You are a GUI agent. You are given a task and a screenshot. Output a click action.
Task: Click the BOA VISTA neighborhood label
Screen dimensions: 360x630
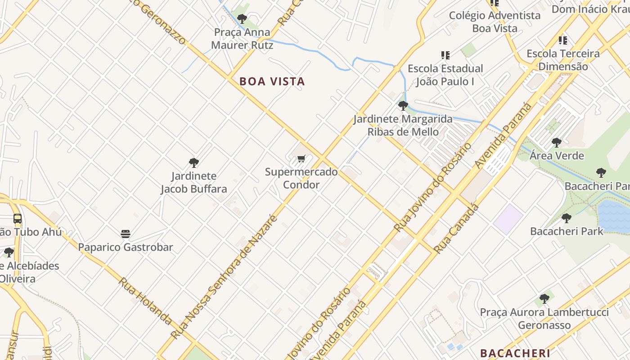click(x=272, y=81)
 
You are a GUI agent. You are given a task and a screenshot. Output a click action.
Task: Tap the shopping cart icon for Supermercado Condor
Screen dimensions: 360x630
click(x=301, y=158)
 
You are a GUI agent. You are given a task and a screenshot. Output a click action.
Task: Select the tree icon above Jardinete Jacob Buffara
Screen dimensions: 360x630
click(x=194, y=162)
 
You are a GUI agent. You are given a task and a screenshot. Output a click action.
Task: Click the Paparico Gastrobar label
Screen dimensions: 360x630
click(x=126, y=247)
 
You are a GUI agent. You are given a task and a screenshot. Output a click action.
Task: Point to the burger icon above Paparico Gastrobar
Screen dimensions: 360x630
click(x=126, y=234)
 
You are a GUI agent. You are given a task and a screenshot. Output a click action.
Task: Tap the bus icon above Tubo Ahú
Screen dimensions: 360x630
click(x=18, y=219)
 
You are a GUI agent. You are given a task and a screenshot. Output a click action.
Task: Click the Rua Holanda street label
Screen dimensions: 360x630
click(x=145, y=301)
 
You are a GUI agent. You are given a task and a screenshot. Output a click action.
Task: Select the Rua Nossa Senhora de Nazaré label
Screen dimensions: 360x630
click(x=223, y=277)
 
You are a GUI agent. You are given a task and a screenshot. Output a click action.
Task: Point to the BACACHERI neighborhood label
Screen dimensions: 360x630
click(x=515, y=353)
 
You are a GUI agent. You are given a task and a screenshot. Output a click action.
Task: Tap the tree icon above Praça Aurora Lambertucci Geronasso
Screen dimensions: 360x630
click(x=544, y=298)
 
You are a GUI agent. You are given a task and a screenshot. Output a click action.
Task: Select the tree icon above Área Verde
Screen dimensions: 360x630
click(x=557, y=143)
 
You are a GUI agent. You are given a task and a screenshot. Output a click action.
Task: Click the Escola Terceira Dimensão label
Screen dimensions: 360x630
click(x=563, y=60)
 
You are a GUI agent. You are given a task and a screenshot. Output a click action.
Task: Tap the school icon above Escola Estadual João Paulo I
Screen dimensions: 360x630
click(x=445, y=55)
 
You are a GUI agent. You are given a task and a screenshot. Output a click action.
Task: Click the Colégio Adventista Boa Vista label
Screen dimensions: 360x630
click(x=495, y=22)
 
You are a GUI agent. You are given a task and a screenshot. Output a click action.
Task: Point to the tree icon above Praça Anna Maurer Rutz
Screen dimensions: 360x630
click(x=242, y=18)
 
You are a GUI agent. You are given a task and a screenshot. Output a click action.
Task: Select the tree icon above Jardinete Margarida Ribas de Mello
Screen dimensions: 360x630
click(x=403, y=106)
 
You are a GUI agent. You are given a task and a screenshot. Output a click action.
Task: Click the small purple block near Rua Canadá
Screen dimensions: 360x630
click(x=508, y=219)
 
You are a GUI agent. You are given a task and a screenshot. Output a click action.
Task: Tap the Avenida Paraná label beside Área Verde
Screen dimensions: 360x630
click(x=503, y=136)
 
